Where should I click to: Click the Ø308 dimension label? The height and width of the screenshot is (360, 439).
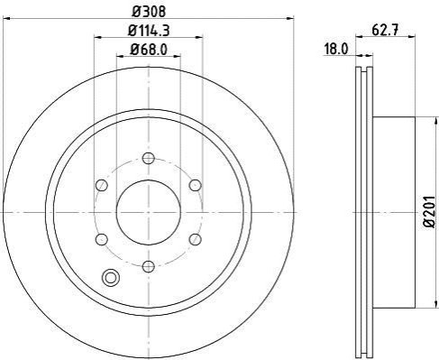(149, 12)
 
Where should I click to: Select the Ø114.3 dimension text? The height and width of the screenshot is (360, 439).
(149, 31)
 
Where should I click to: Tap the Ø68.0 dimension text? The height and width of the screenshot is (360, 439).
(149, 50)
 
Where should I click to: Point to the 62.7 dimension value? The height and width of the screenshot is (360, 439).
(385, 31)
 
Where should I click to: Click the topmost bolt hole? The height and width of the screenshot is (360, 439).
(149, 158)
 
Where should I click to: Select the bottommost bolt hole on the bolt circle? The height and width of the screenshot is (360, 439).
(149, 266)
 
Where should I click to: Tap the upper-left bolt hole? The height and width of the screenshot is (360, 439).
(102, 185)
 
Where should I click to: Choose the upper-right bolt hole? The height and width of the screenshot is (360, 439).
(196, 185)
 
